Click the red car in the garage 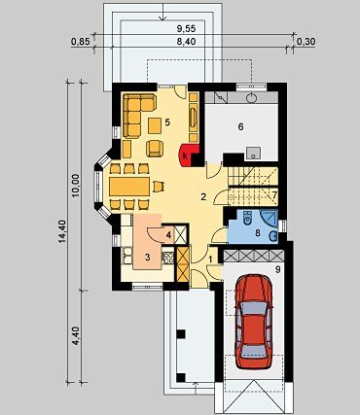tap(254, 322)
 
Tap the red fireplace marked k tap(189, 155)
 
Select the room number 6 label tap(240, 127)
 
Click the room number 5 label tap(167, 122)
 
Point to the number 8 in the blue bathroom tap(258, 232)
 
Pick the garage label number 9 tap(277, 269)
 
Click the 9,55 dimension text tap(186, 28)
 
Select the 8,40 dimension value tap(186, 42)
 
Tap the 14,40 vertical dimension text tap(62, 230)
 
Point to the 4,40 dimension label tap(75, 336)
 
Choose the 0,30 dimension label tap(306, 42)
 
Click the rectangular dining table tap(129, 187)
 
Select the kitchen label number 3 tap(147, 258)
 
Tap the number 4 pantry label tap(168, 234)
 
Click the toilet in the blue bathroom tap(248, 217)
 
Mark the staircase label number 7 tap(274, 195)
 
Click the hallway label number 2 tap(203, 196)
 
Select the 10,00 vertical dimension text tap(75, 186)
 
